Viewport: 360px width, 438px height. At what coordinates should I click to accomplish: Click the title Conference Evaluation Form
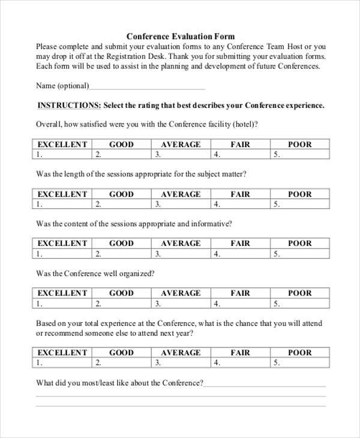click(180, 36)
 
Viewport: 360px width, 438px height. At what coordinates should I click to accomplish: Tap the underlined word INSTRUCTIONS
click(69, 105)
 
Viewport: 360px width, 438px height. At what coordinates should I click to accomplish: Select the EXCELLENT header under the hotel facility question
click(62, 144)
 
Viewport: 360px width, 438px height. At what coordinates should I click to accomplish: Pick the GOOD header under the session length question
click(121, 194)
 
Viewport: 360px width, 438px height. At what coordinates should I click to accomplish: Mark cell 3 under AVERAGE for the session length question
click(181, 204)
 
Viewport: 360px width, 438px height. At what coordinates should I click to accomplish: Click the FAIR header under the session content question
click(240, 243)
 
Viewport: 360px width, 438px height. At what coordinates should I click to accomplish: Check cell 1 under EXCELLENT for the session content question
click(62, 253)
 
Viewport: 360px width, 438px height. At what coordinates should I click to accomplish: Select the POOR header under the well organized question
click(300, 293)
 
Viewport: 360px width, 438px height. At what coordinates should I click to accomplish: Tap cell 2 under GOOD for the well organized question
click(121, 303)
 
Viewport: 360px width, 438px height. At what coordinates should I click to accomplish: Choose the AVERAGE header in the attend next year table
click(181, 352)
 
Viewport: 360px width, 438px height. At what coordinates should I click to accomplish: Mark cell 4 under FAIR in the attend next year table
click(240, 362)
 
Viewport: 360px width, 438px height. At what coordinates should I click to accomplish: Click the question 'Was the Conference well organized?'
click(95, 273)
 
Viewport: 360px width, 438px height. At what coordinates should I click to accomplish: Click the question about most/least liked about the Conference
click(120, 383)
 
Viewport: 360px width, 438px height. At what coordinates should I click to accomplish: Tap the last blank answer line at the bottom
click(180, 406)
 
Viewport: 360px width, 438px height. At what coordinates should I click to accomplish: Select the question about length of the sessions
click(141, 174)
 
